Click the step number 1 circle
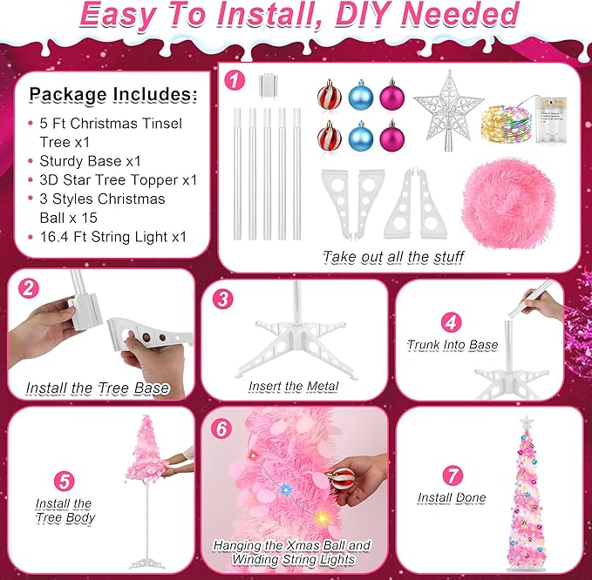233,80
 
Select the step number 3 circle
223,299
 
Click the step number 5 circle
63,480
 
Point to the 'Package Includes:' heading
113,94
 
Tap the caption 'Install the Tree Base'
98,388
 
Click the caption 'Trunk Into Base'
453,345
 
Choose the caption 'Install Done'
451,498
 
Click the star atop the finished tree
527,423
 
